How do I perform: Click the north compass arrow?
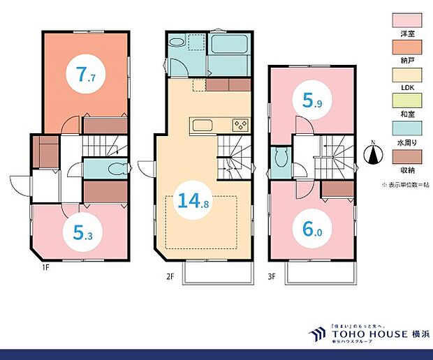click(374, 153)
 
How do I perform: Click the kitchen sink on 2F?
click(203, 126)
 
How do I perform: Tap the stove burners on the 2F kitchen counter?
click(240, 126)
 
